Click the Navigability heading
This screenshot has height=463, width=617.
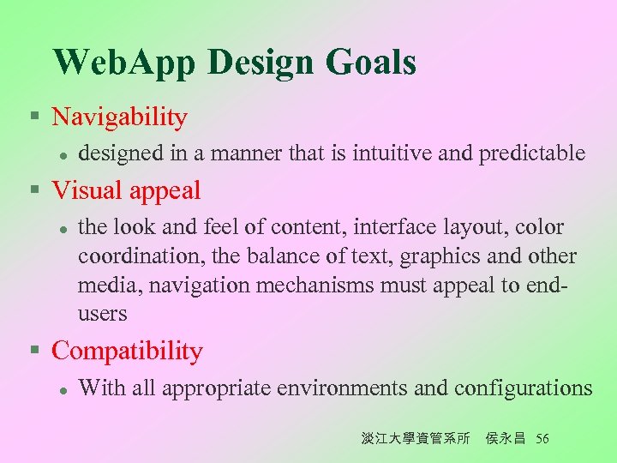click(119, 117)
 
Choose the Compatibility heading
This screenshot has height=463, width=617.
click(127, 351)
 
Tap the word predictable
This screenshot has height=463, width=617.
click(532, 153)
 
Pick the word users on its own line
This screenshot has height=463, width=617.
click(102, 314)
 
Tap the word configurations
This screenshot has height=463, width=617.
click(523, 388)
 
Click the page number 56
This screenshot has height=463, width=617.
click(542, 439)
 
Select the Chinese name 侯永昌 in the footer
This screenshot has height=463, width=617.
click(505, 439)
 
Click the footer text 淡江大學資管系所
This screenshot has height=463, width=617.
click(415, 439)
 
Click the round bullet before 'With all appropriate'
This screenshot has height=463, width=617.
click(63, 389)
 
